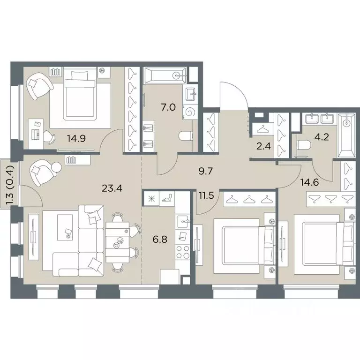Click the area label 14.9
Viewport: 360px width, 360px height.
click(76, 138)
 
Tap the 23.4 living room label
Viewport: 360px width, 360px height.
click(112, 188)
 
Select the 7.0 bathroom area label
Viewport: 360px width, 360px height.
click(168, 107)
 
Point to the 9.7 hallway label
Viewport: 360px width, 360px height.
click(206, 171)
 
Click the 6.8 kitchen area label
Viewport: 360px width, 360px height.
click(160, 240)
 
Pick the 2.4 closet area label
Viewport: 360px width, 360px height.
click(263, 146)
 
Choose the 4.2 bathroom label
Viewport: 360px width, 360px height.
click(322, 137)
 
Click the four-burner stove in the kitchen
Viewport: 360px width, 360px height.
click(182, 252)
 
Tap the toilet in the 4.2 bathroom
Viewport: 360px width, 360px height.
click(304, 145)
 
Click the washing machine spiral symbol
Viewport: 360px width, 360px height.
click(190, 112)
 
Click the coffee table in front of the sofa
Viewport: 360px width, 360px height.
click(65, 227)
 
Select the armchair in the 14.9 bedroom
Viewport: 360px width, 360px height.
click(39, 86)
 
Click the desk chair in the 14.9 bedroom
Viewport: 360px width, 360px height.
click(49, 137)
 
